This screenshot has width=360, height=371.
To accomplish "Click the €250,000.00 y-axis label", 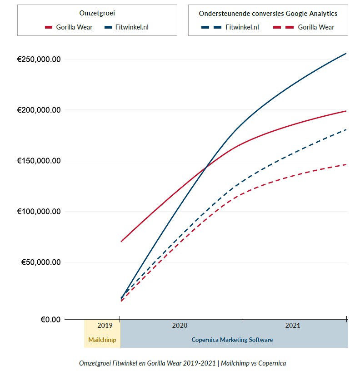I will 39,59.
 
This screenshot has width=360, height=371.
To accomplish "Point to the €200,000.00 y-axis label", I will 39,110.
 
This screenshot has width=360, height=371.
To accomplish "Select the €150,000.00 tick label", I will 39,161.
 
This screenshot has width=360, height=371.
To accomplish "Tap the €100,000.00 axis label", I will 39,212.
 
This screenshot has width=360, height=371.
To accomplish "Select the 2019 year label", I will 105,326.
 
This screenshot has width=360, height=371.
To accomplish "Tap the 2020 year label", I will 180,326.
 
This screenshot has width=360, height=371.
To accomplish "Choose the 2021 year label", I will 293,326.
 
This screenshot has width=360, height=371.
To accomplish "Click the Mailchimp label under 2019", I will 102,340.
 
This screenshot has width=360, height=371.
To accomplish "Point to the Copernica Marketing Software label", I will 232,340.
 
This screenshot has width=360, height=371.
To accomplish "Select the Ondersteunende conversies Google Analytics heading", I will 268,13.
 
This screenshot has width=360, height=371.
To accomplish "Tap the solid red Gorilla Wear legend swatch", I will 49,27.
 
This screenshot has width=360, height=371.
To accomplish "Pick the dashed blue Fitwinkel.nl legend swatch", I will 211,27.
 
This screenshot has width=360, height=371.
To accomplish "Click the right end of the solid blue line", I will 346,54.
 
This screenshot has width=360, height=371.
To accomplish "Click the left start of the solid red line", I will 121,241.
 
